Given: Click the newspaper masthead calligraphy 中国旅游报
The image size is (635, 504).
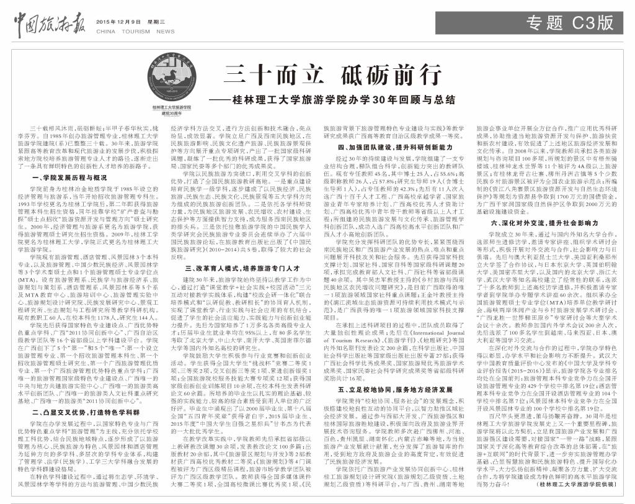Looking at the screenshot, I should pyautogui.click(x=51, y=23).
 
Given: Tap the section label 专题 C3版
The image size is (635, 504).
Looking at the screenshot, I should pyautogui.click(x=571, y=24).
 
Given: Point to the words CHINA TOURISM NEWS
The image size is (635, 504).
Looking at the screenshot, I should pyautogui.click(x=135, y=30).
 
